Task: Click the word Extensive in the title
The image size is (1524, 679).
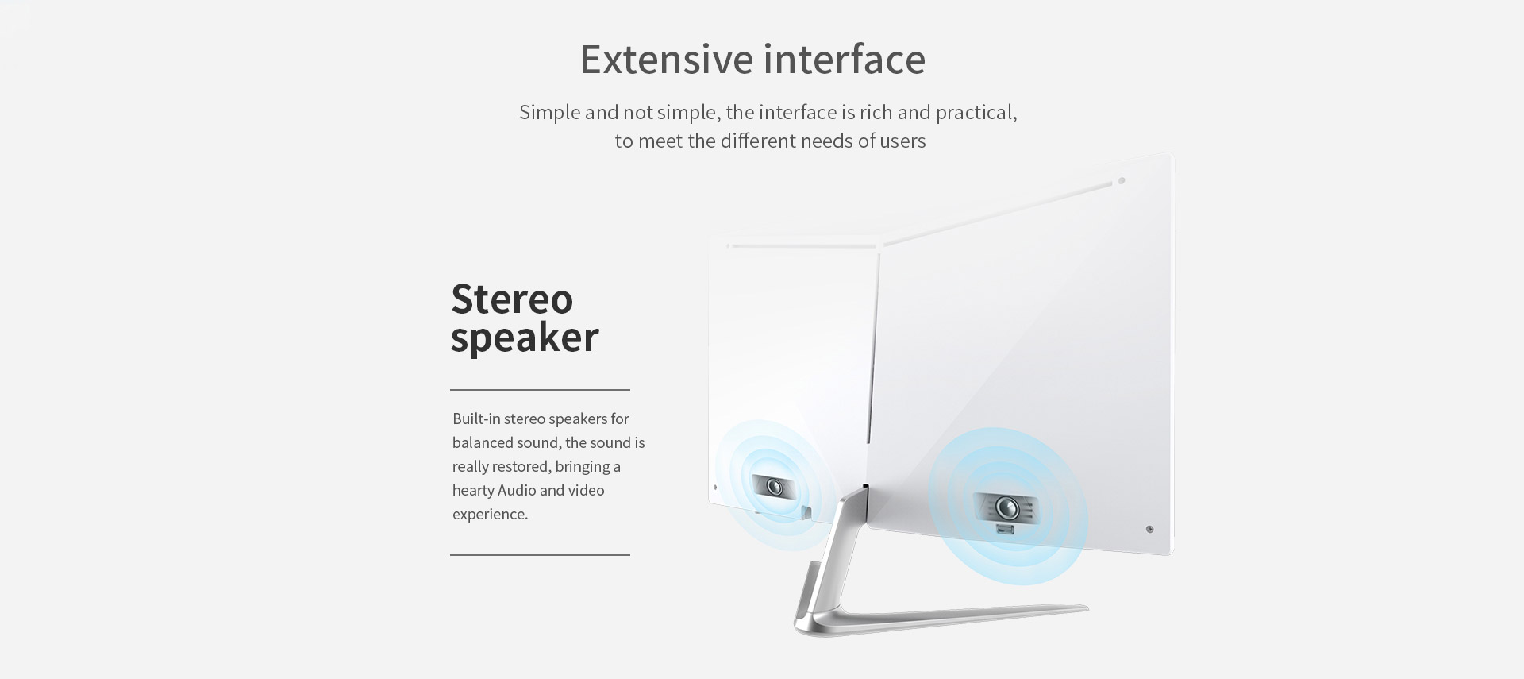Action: (x=667, y=59)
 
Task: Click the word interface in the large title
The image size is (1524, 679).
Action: (x=845, y=59)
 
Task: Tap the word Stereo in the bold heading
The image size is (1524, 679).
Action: (x=512, y=299)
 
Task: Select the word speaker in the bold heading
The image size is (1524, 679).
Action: (x=525, y=338)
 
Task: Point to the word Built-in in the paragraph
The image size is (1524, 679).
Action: (x=476, y=419)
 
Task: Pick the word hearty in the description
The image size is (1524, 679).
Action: (x=473, y=491)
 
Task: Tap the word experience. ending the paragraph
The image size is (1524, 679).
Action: (x=491, y=515)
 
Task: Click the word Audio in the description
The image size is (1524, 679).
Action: (x=517, y=490)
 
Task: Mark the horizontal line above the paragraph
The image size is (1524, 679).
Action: (x=540, y=390)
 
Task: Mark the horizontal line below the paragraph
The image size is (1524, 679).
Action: (x=540, y=555)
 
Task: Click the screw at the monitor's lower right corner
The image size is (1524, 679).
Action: (x=1149, y=529)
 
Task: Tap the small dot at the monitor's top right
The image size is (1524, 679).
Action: (x=1122, y=181)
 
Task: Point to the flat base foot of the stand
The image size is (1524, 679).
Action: (x=945, y=619)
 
